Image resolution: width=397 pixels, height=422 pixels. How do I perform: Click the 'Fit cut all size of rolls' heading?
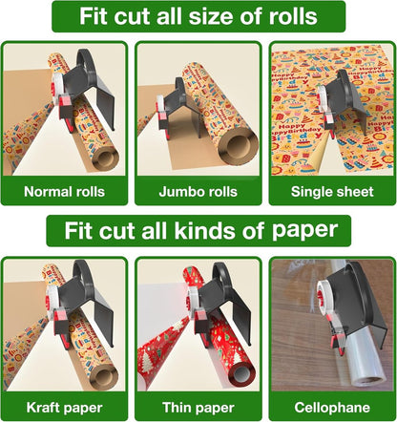click(x=198, y=17)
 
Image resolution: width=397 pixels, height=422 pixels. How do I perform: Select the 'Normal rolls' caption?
click(x=66, y=191)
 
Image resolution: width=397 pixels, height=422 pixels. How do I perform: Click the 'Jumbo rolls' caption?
click(x=198, y=191)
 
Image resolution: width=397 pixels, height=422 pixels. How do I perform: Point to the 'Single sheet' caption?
click(x=330, y=191)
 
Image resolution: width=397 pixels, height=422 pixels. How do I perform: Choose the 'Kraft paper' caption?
click(x=66, y=407)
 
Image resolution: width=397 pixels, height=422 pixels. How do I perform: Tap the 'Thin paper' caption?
click(x=198, y=407)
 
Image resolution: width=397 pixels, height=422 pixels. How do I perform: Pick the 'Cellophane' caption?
click(x=330, y=407)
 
